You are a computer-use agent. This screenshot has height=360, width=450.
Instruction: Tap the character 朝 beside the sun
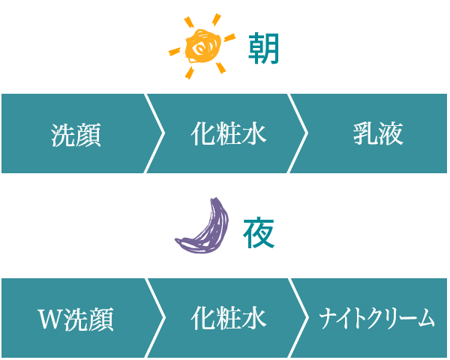[x=263, y=50]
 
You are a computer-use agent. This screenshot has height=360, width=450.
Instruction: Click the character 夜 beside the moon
[x=258, y=233]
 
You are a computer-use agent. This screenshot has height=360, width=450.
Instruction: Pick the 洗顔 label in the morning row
[x=76, y=135]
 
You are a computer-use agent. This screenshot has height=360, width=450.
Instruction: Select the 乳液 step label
[x=378, y=134]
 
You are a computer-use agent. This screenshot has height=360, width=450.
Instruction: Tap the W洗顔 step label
[x=76, y=319]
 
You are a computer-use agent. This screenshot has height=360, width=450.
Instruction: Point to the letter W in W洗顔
[x=49, y=319]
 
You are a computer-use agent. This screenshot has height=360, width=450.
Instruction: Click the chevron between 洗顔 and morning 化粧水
[x=156, y=133]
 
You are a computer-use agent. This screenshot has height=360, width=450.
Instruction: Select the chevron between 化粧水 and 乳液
[x=300, y=133]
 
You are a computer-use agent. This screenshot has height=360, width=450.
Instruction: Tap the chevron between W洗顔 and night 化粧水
[x=156, y=317]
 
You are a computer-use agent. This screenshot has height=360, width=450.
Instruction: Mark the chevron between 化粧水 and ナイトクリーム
[x=300, y=317]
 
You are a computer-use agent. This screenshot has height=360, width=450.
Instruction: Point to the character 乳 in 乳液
[x=364, y=134]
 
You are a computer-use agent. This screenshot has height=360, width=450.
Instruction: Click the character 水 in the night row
[x=254, y=318]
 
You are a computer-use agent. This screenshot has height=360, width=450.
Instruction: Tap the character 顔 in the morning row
[x=88, y=135]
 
